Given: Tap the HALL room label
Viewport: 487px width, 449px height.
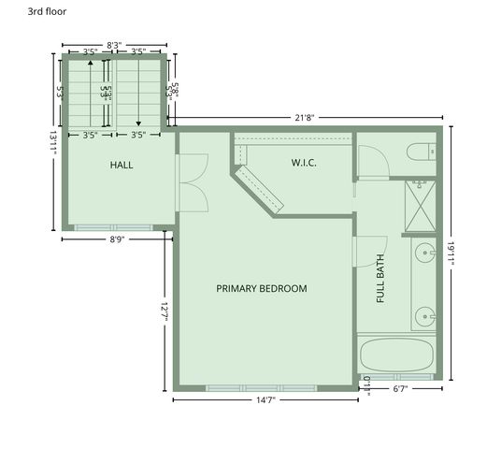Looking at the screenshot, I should (x=122, y=165).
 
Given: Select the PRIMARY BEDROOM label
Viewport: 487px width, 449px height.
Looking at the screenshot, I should (x=262, y=288).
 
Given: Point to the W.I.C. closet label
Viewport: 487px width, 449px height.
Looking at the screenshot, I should (x=304, y=163).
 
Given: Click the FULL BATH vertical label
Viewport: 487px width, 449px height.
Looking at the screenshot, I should (x=380, y=280).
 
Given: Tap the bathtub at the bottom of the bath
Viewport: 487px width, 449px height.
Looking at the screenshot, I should (x=396, y=355).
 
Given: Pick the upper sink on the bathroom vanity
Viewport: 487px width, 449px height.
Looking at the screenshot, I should (x=425, y=253).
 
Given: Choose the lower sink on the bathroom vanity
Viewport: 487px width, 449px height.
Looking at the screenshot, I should (x=425, y=317).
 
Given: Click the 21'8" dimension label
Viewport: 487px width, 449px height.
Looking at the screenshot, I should (x=305, y=118).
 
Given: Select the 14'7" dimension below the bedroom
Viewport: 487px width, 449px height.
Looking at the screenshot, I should (x=265, y=400).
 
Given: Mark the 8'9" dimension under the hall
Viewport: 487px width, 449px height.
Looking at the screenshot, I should (x=118, y=239).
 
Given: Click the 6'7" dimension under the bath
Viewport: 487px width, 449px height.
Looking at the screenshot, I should (x=399, y=387).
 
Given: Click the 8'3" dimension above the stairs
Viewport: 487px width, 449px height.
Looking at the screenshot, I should (x=114, y=44).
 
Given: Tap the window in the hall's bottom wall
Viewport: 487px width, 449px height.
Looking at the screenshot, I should (x=114, y=226).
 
